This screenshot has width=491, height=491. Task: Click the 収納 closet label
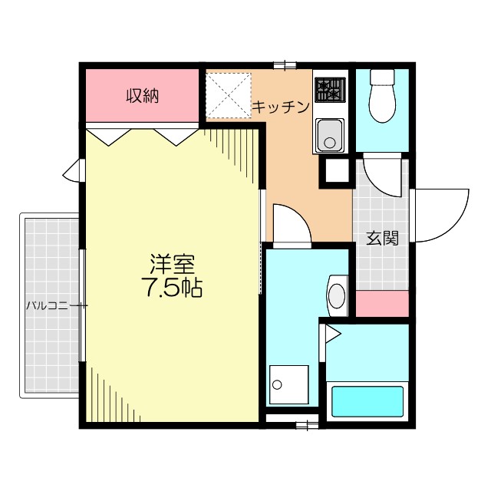coord(142,97)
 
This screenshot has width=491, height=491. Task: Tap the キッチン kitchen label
coord(281,107)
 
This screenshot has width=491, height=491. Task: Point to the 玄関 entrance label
coord(381,238)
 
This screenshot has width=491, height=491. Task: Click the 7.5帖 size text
coord(171,288)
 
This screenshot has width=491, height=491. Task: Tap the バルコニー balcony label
coord(51,305)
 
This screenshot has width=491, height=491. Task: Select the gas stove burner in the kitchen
coord(330,91)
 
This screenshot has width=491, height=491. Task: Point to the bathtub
coord(367,401)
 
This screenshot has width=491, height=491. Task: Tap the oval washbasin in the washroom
coord(338,294)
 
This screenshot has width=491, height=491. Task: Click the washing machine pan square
coord(288,385)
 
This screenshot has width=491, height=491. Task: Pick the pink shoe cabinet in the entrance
coord(382,305)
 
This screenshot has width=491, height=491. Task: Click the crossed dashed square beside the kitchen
coord(229,96)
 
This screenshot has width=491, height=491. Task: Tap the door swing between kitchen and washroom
coord(290,224)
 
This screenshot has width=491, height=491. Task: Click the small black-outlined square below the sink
coord(334,170)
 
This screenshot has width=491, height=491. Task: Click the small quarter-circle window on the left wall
coord(72,170)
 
